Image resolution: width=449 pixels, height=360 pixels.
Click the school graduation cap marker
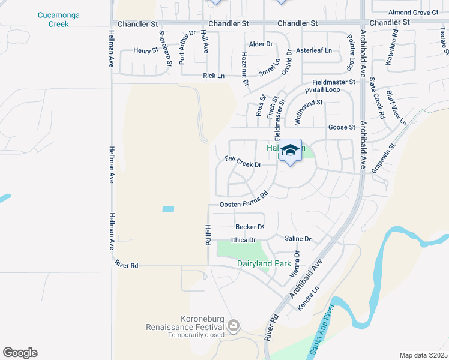(290, 151)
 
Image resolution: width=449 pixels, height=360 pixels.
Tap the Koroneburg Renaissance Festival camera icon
(234, 326)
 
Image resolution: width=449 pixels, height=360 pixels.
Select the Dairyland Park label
(264, 263)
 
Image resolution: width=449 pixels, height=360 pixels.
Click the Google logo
(20, 353)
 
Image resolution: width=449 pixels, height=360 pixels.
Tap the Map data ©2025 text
(423, 355)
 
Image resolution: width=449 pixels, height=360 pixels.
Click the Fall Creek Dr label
(243, 163)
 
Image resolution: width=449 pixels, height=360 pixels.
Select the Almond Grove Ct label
(414, 12)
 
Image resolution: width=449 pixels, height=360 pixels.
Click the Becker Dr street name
(250, 227)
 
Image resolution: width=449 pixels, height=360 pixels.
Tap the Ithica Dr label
(244, 239)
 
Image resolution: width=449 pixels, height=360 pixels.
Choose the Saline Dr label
(298, 239)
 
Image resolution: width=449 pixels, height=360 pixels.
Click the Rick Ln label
(214, 76)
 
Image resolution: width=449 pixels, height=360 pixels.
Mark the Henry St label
(146, 51)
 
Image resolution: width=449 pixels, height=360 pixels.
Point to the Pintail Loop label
(322, 90)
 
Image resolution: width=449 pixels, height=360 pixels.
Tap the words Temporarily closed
(188, 335)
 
